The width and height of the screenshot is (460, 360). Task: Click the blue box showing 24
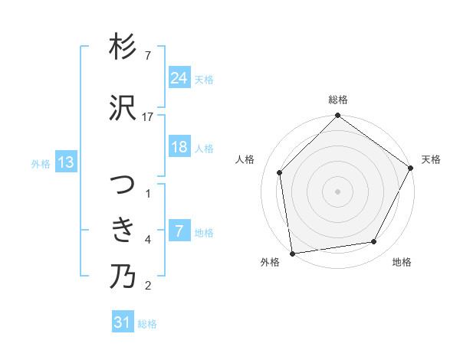click(x=179, y=78)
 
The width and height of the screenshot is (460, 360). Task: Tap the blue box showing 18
click(x=179, y=147)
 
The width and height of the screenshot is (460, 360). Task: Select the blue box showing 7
click(x=179, y=231)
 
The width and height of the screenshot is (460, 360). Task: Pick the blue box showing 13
click(x=66, y=162)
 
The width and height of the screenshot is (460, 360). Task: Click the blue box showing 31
click(x=123, y=322)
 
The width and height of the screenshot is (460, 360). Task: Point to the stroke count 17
click(x=148, y=117)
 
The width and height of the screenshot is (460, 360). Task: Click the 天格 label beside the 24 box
click(x=204, y=79)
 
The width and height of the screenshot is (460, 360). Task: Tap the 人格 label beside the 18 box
click(x=204, y=148)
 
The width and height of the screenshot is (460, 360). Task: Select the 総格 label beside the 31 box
click(x=147, y=323)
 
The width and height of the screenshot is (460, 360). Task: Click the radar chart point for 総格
click(x=337, y=116)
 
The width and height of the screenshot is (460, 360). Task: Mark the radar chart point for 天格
click(x=412, y=169)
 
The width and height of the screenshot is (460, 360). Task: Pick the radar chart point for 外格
click(x=292, y=253)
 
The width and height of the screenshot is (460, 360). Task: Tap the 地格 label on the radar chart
click(x=402, y=263)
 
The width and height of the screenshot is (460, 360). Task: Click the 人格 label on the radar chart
click(x=245, y=159)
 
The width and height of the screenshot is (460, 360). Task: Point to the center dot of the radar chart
click(x=337, y=191)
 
